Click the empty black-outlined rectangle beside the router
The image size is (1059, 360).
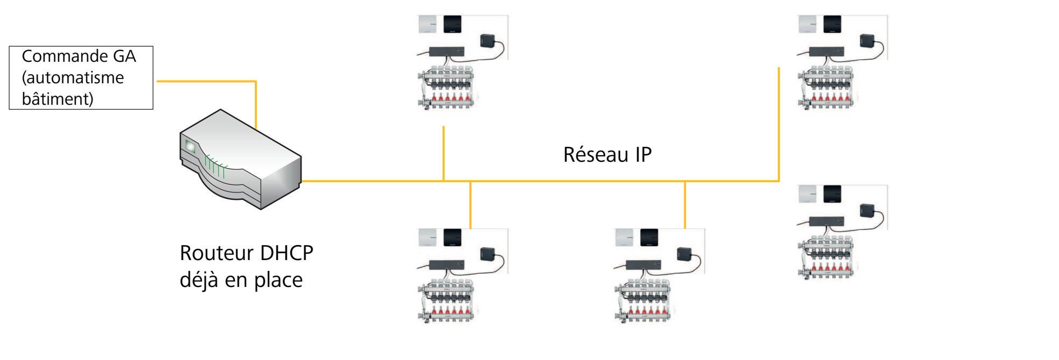click(x=81, y=78)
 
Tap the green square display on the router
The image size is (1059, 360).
click(x=189, y=145)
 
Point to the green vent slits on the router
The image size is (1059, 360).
click(x=214, y=166)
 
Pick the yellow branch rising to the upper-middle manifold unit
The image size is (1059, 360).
click(x=443, y=153)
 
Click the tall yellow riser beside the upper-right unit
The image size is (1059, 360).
click(x=778, y=124)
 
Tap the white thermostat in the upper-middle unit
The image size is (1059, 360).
click(x=428, y=24)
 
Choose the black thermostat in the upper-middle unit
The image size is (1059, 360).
click(x=453, y=24)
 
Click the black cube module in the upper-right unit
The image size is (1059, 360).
click(x=867, y=40)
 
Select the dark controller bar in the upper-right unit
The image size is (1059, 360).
click(x=827, y=52)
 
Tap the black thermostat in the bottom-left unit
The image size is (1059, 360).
click(x=453, y=237)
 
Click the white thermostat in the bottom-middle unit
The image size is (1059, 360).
click(x=625, y=237)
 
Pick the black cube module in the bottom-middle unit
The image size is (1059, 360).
click(x=684, y=254)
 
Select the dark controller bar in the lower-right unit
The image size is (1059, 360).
click(x=827, y=221)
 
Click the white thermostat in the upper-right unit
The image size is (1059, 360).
click(x=807, y=24)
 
